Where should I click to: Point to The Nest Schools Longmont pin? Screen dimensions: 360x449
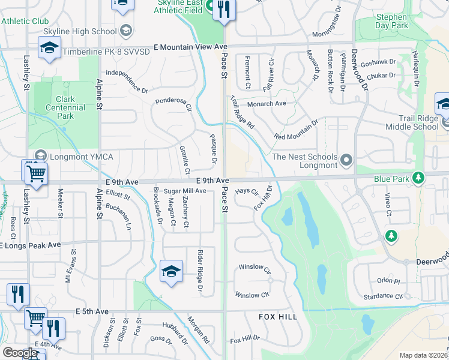tap(346, 160)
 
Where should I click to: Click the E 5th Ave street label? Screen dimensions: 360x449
tap(92, 312)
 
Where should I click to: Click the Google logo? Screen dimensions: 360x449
tap(20, 352)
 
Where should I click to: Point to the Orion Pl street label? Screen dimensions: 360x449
tap(388, 281)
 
